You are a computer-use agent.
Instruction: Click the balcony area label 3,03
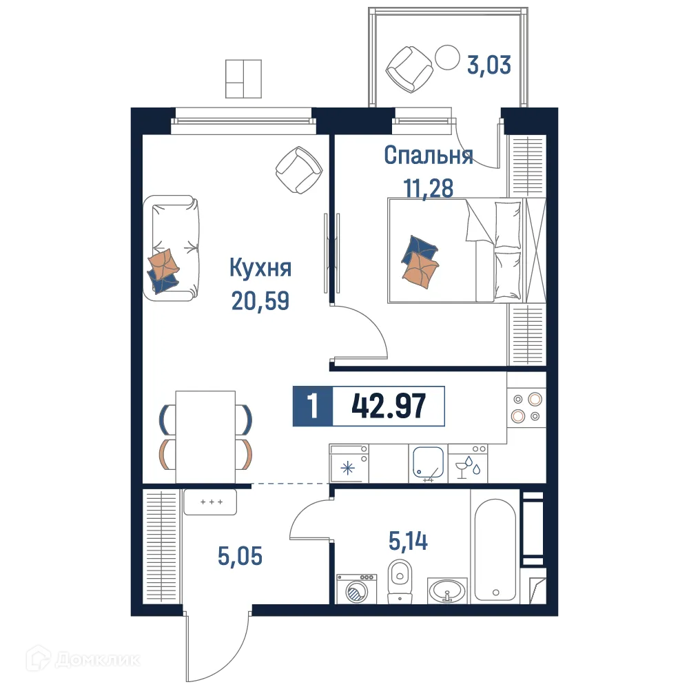[489, 66]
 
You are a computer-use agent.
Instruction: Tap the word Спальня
[428, 156]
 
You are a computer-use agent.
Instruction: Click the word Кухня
[260, 268]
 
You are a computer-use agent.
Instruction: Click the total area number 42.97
[389, 407]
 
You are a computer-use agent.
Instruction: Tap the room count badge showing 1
[313, 407]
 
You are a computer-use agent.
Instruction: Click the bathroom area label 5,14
[408, 542]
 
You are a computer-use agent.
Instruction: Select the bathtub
[494, 544]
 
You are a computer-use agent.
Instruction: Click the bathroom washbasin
[448, 590]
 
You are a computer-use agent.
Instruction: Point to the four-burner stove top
[526, 407]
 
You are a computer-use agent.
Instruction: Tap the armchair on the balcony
[410, 68]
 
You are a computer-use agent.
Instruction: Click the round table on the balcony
[449, 57]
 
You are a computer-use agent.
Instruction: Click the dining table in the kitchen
[205, 437]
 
